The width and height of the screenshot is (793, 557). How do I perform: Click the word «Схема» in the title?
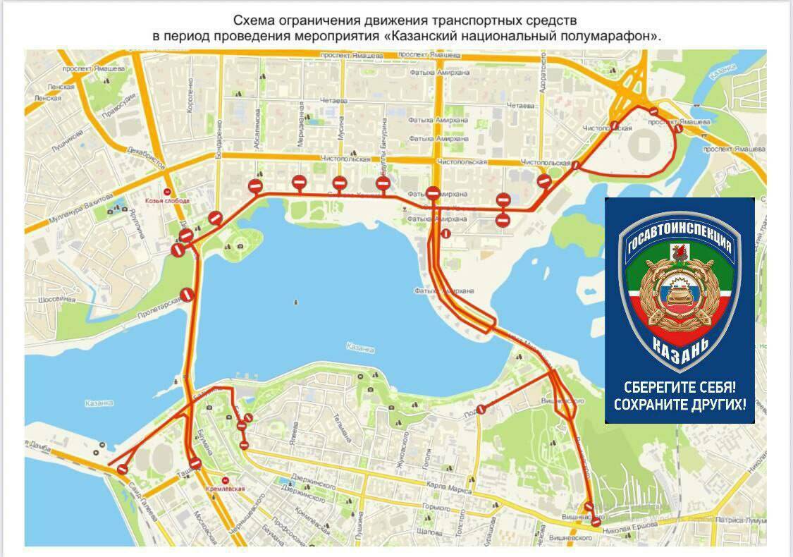click(x=253, y=20)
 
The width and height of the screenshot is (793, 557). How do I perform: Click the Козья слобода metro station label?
click(x=167, y=200)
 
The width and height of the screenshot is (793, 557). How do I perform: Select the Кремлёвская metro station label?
click(x=225, y=488)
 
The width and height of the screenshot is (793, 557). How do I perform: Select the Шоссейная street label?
click(x=56, y=299)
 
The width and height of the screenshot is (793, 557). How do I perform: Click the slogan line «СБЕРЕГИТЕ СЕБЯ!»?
click(x=680, y=387)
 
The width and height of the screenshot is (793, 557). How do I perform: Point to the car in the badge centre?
click(x=679, y=292)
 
